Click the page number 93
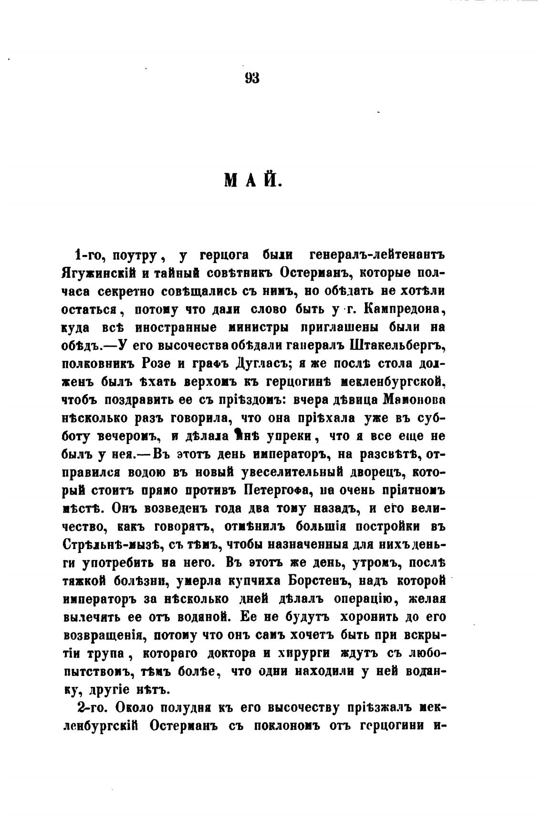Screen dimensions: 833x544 [x=251, y=78]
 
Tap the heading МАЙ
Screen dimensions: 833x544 [x=253, y=182]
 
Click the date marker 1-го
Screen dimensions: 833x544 [x=89, y=255]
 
